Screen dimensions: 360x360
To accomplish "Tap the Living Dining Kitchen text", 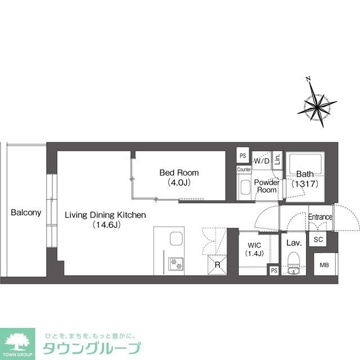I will click(x=105, y=215).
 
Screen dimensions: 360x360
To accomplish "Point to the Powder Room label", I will click(x=267, y=186).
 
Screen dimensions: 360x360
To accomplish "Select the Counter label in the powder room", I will click(x=244, y=169).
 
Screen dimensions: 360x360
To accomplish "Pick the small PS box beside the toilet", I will click(x=273, y=271).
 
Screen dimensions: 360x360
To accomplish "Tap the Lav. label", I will click(x=294, y=243).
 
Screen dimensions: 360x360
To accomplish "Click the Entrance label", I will click(x=320, y=217).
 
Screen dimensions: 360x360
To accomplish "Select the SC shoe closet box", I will click(x=318, y=239).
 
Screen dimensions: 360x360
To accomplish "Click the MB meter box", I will click(x=325, y=265).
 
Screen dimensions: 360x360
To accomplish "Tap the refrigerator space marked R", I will click(x=217, y=265).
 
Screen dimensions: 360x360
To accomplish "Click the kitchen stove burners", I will click(x=177, y=262).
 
